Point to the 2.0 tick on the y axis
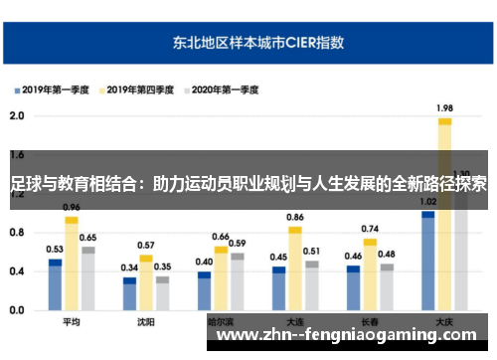click(x=16, y=115)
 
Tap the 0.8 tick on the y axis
click(x=16, y=233)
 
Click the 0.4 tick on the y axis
click(x=16, y=271)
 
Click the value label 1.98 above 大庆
click(x=444, y=108)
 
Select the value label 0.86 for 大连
click(x=295, y=217)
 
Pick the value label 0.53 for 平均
click(x=55, y=249)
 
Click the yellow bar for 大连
click(x=295, y=269)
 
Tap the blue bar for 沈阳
click(x=129, y=294)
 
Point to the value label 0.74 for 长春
click(x=370, y=229)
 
